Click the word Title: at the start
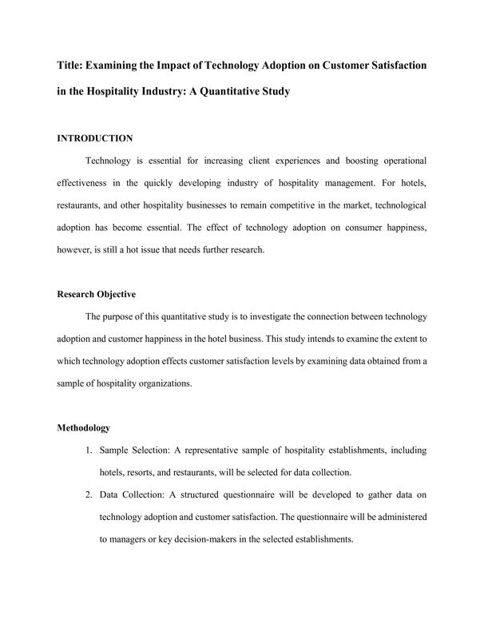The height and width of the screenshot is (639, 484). (x=72, y=64)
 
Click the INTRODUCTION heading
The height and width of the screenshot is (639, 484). (x=94, y=138)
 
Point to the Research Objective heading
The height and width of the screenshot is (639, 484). (x=96, y=294)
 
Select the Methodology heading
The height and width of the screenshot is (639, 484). (x=84, y=428)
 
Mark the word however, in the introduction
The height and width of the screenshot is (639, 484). (x=77, y=249)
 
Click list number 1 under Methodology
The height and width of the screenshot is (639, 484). (x=89, y=450)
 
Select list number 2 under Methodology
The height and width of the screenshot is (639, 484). (x=89, y=494)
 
